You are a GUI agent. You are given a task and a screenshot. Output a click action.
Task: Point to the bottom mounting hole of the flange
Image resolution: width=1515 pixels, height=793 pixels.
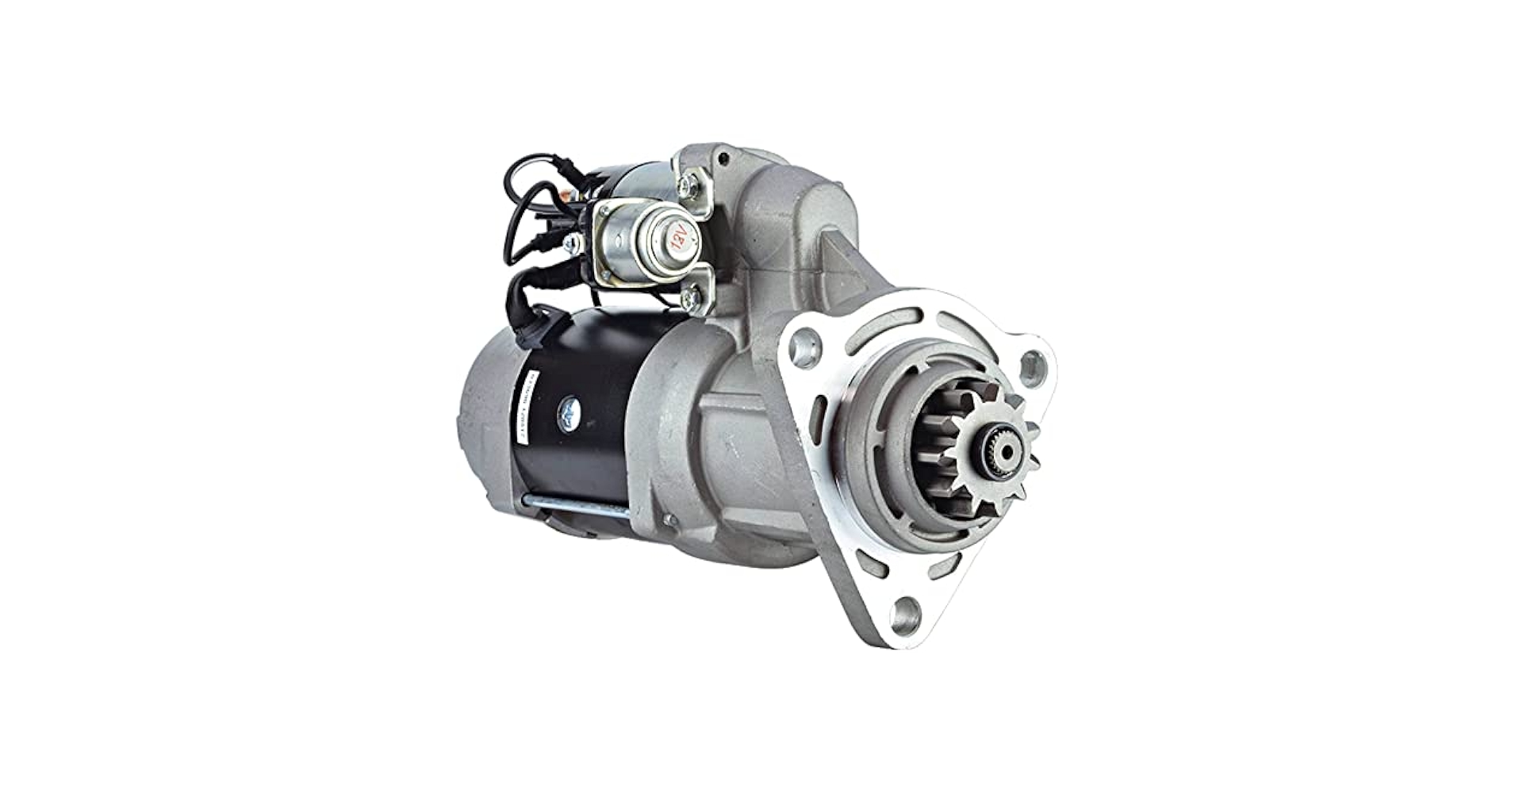point(904,611)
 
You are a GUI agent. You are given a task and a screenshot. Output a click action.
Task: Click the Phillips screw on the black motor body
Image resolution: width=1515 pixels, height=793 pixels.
point(569,409)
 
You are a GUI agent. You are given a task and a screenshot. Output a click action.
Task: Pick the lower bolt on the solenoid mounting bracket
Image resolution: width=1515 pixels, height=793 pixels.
point(690,297)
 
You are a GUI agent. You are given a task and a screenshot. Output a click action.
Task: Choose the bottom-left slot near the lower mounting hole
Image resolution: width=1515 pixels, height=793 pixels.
point(870,565)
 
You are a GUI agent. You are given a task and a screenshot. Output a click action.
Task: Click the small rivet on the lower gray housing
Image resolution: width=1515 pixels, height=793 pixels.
point(670,520)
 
